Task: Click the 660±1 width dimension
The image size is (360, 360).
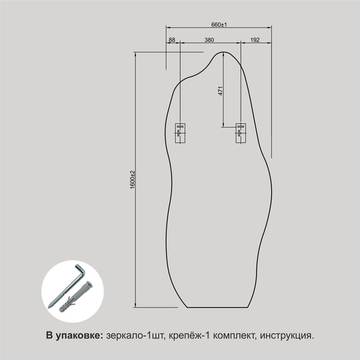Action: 218,25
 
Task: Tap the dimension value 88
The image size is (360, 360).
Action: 172,40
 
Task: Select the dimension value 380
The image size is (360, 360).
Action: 209,40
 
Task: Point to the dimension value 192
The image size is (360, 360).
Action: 254,40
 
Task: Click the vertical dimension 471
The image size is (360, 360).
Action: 220,91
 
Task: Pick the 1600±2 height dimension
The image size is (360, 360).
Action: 132,180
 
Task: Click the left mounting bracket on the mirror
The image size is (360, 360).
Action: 180,133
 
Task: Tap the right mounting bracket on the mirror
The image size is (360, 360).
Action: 241,133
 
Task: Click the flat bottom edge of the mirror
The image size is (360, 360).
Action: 218,307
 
